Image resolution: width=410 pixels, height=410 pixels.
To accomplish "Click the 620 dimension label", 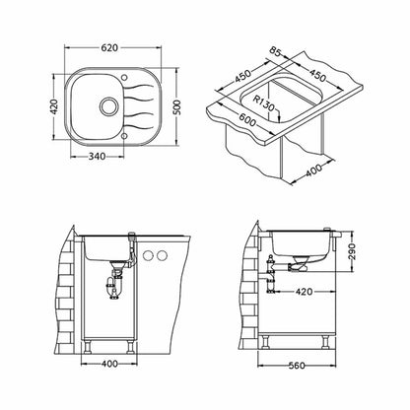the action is coord(109,48).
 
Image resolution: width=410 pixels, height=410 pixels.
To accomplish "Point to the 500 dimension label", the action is coord(177,107).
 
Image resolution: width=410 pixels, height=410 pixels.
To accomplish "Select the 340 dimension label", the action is coord(98,157).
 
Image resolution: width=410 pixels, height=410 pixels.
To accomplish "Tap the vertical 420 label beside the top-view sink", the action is coord(54,106).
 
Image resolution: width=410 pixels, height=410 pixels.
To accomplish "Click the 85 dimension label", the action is coord(276,52).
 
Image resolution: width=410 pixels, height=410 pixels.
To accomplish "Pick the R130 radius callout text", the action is coord(263,102).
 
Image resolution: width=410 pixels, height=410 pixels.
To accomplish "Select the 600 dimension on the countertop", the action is coord(247,119).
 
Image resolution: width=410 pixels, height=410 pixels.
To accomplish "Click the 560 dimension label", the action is coord(296,366).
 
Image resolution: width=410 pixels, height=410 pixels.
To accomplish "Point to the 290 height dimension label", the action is coord(352,251).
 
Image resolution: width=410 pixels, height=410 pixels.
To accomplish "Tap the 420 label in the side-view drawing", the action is coord(304,292).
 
